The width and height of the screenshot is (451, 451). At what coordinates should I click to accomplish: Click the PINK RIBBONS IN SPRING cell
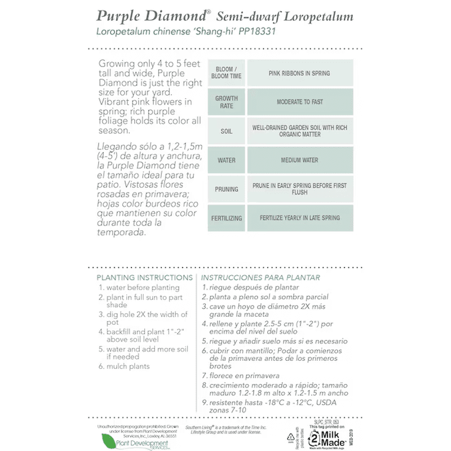click(x=299, y=73)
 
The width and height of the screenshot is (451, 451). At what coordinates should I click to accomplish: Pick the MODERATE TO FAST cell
click(x=299, y=102)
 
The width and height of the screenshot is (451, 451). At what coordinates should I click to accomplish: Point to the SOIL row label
click(x=226, y=131)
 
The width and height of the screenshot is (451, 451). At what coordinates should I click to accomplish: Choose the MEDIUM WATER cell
click(x=299, y=160)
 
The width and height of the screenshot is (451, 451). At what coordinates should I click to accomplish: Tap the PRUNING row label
click(x=226, y=189)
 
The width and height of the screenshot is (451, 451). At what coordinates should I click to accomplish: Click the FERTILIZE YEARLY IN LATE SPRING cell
click(x=299, y=218)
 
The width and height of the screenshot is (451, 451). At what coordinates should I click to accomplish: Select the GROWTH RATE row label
click(x=226, y=102)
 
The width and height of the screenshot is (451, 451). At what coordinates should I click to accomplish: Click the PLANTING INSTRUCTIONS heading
click(x=145, y=277)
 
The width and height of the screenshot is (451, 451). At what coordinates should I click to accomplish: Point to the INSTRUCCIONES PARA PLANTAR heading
click(x=260, y=277)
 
